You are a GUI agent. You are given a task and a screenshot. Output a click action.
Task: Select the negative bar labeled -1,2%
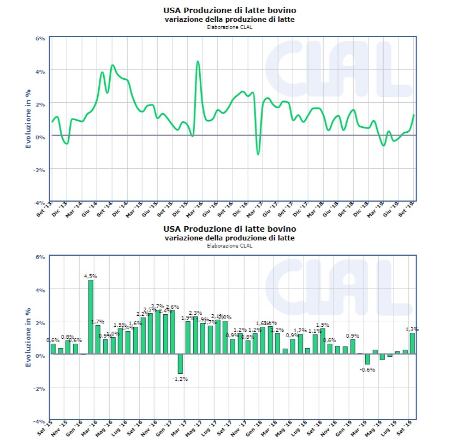click(180, 363)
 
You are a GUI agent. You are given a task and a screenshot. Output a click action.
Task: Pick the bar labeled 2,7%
click(158, 332)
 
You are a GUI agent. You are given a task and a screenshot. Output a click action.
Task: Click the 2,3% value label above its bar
click(195, 313)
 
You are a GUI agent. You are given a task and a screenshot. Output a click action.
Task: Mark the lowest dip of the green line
click(258, 154)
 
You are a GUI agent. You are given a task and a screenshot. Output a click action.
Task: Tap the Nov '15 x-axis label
click(60, 430)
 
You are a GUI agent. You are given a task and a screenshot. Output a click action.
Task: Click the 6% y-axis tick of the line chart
click(40, 38)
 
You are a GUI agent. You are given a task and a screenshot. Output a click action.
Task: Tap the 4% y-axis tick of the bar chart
click(40, 290)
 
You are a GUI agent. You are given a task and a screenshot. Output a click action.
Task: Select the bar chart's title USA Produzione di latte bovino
click(230, 228)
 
